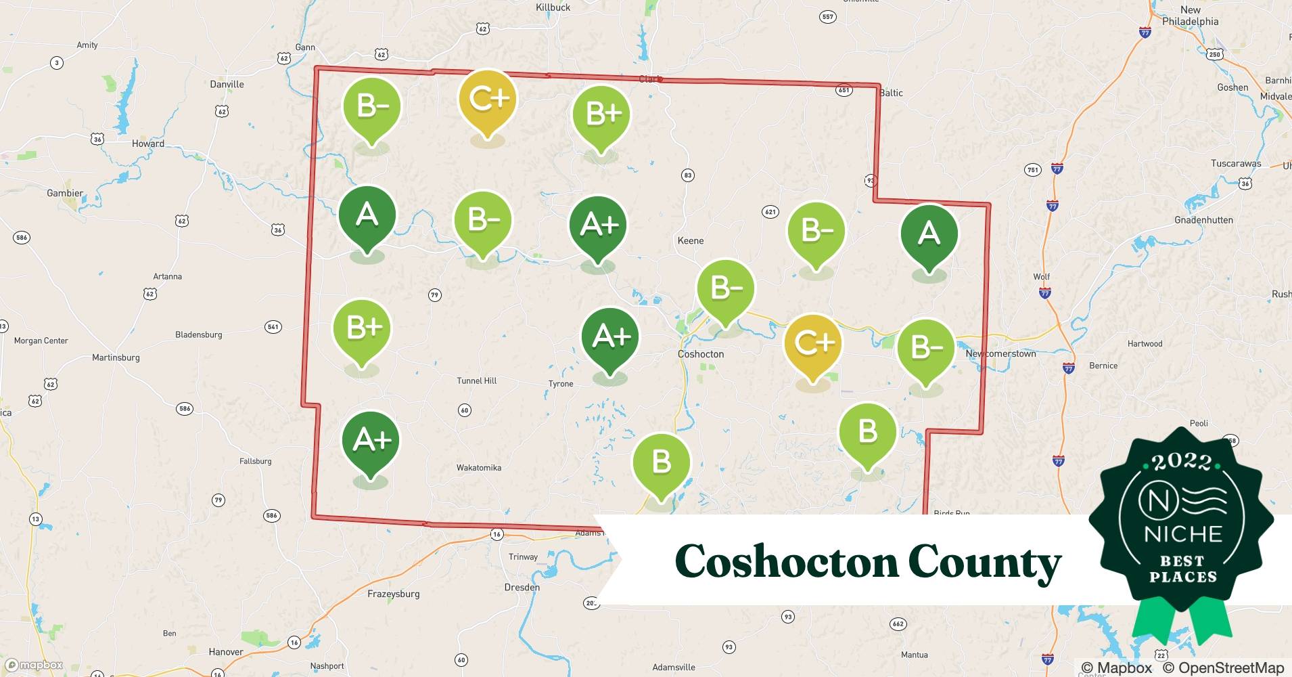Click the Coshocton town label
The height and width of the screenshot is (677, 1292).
click(701, 354)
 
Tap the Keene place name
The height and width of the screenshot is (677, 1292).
click(691, 241)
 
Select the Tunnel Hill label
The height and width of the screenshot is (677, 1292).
click(476, 381)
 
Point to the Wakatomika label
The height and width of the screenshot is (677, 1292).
click(479, 468)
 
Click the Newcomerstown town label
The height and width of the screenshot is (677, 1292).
click(1000, 354)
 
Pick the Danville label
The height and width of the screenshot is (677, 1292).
click(227, 85)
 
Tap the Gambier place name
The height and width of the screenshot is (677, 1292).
click(65, 194)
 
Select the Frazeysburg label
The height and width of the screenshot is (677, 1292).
click(393, 594)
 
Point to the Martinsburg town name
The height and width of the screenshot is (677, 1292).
click(116, 357)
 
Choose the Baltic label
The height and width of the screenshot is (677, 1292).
click(891, 93)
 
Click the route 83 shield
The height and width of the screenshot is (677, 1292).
click(687, 175)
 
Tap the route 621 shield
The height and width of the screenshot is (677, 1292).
click(770, 212)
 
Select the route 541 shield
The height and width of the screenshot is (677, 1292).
click(273, 327)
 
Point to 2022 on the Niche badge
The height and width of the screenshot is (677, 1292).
click(1182, 462)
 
